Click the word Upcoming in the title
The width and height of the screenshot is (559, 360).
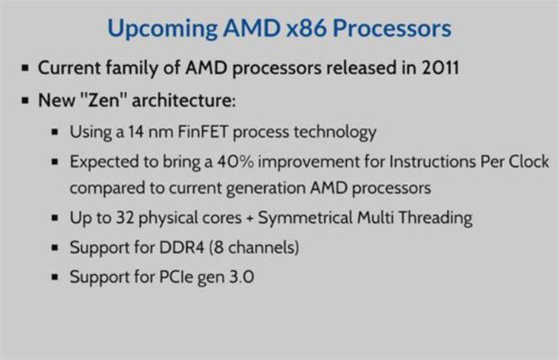[162, 29]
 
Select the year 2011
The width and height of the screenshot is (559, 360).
[440, 67]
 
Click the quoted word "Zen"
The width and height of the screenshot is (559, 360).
[103, 100]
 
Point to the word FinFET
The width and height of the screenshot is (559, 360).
[203, 132]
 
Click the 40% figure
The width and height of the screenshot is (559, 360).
[236, 161]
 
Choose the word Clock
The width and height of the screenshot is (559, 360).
[528, 161]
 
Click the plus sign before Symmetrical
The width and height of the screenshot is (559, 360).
[250, 218]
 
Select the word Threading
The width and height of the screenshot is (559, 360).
[435, 218]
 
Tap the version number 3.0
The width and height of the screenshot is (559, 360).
[241, 277]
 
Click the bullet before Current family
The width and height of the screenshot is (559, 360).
[25, 67]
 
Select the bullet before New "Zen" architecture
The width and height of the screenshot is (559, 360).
[25, 100]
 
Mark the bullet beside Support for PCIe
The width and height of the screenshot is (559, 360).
[55, 277]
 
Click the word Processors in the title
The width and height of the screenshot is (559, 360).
[392, 28]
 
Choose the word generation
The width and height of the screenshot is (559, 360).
[266, 188]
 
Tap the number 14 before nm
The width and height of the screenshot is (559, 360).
[136, 132]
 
